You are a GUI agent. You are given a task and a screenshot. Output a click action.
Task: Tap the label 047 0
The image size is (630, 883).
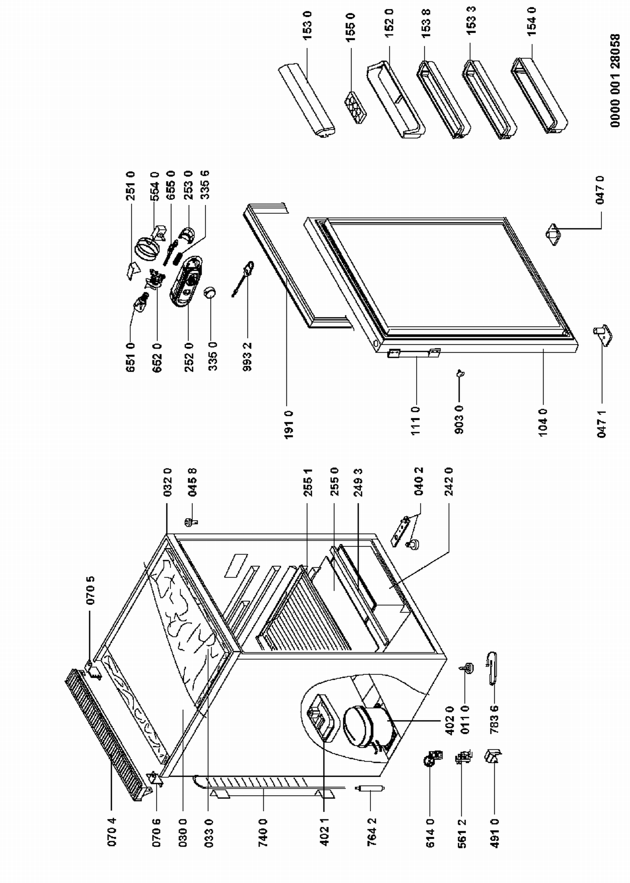pos(601,190)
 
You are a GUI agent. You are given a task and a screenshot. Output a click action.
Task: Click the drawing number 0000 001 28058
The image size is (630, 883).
pos(615,80)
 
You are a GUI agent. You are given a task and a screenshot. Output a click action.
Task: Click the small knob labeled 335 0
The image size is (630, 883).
pos(210,293)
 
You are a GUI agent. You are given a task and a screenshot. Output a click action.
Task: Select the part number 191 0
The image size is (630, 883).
pos(289,424)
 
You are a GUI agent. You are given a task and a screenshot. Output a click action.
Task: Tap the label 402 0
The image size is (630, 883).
pos(449,720)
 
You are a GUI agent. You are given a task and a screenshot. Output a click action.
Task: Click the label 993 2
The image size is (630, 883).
pos(247,357)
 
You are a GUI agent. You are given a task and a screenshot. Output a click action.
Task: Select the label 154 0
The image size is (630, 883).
pos(532,21)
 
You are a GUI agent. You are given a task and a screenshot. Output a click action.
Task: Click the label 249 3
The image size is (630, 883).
pos(358,482)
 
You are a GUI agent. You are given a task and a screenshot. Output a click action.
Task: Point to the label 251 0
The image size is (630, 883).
pos(131,185)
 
